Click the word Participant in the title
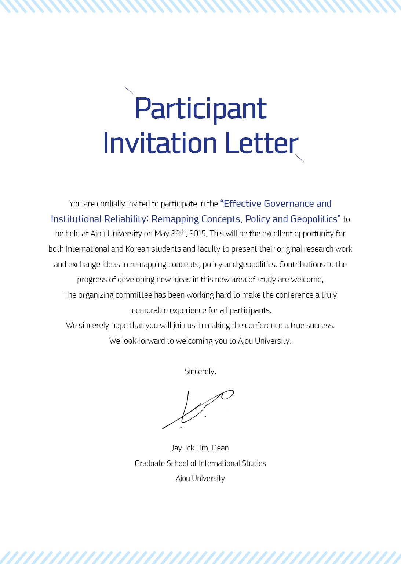coord(200,109)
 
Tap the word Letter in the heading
coord(261,143)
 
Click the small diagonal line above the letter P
coord(129,90)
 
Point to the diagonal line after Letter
coord(299,158)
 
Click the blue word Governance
coord(289,204)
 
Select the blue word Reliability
coord(126,219)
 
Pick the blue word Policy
coord(258,219)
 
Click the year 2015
coord(198,234)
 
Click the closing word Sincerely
coord(200,371)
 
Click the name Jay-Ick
coord(183,448)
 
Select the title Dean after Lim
coord(220,448)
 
